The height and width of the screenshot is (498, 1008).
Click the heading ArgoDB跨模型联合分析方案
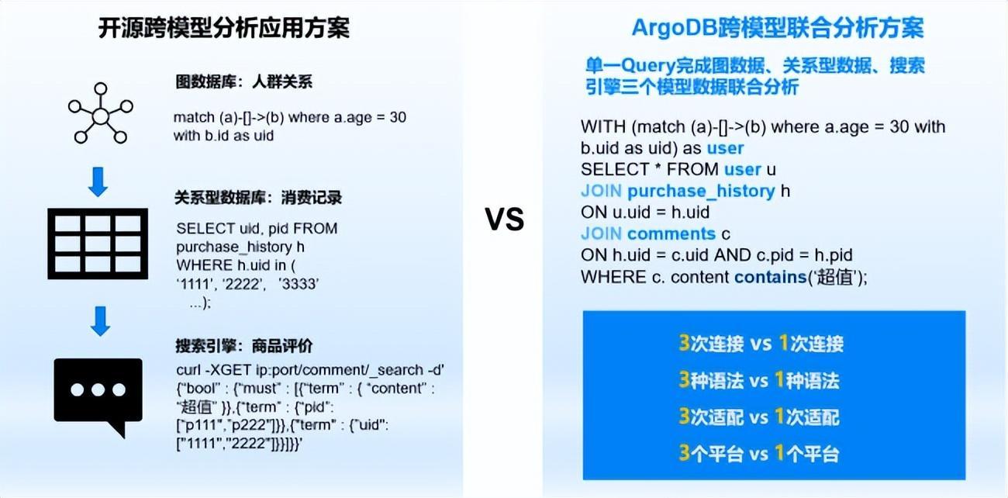click(777, 29)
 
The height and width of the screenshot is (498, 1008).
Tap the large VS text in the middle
click(505, 220)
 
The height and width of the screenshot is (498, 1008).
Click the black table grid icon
click(98, 243)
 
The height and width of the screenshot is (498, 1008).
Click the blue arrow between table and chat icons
click(99, 320)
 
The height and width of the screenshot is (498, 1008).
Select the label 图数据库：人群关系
click(243, 81)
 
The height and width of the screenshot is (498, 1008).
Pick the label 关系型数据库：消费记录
click(259, 198)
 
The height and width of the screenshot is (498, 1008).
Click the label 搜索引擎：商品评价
click(244, 346)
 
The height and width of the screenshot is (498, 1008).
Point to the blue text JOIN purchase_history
click(678, 191)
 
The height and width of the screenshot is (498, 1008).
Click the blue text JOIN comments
click(647, 233)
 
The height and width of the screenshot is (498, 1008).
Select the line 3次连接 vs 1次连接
click(761, 344)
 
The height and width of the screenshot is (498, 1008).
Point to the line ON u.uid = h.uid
click(644, 212)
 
